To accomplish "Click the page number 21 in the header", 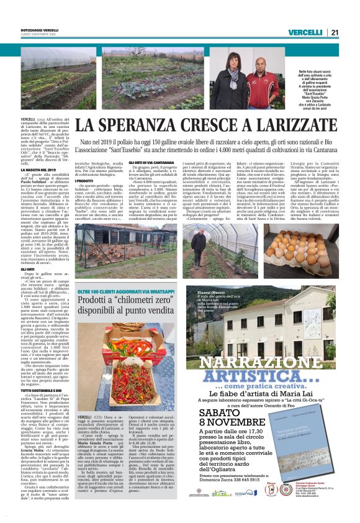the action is [334, 32].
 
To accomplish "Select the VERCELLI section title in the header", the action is [305, 32].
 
